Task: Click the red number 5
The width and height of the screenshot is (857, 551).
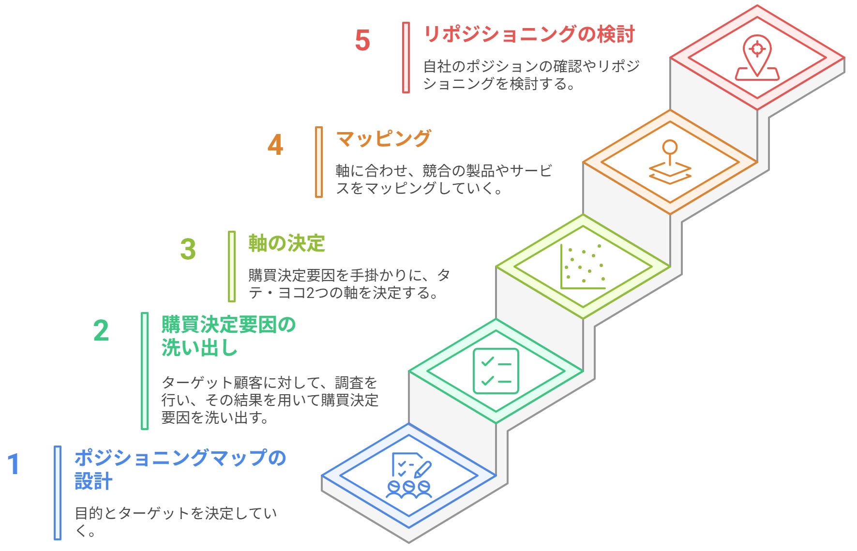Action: [362, 40]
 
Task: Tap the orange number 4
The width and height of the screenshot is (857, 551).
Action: [275, 145]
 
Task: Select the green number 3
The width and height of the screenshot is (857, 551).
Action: [188, 249]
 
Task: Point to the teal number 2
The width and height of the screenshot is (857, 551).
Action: [101, 331]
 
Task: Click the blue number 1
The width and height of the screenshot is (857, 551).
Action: [14, 464]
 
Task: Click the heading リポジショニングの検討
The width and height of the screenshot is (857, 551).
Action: [529, 34]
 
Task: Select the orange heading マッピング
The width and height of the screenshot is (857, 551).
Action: [383, 139]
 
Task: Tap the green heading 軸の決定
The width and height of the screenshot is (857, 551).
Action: [286, 243]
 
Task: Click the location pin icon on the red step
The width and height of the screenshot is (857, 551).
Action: [757, 58]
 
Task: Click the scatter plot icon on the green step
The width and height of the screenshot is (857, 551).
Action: [583, 267]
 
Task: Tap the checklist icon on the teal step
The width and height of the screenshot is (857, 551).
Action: [496, 371]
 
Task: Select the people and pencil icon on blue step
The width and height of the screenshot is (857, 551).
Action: [409, 475]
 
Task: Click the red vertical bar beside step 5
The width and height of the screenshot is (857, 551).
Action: [406, 58]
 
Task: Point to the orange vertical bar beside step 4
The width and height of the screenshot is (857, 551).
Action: [319, 162]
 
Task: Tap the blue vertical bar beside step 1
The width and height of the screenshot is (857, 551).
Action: [58, 492]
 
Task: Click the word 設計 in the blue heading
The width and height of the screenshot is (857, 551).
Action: [93, 481]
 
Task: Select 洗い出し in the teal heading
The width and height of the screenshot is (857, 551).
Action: [199, 348]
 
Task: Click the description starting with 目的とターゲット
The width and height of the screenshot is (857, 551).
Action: [176, 521]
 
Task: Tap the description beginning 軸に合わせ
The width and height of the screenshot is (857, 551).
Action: [443, 179]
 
